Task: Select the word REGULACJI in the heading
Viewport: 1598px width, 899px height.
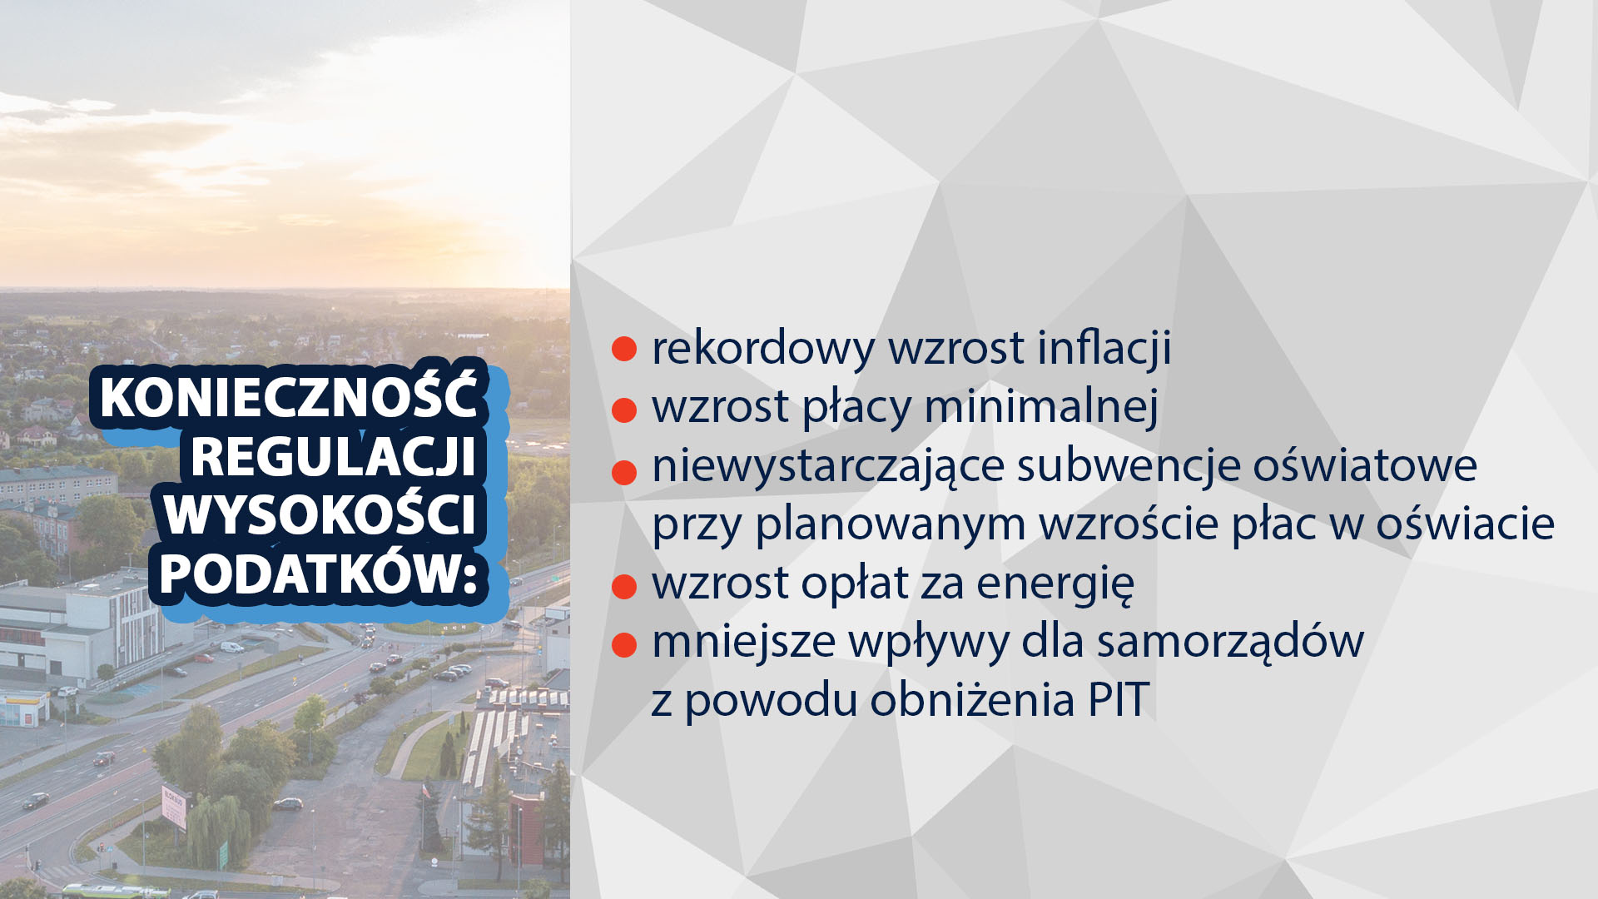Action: click(x=334, y=456)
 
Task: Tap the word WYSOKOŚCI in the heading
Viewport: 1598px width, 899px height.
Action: click(x=320, y=514)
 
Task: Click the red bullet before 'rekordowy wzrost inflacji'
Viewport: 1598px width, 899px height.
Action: click(x=624, y=349)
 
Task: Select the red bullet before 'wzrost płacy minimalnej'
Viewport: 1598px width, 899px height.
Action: click(x=624, y=410)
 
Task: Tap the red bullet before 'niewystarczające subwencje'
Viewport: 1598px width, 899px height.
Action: click(x=624, y=472)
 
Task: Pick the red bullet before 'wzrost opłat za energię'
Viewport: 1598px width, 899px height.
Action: click(x=624, y=586)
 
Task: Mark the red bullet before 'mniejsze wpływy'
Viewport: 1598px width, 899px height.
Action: click(x=624, y=644)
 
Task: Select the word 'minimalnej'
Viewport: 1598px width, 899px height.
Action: click(x=1041, y=406)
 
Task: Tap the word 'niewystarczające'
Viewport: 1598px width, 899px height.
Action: click(x=828, y=467)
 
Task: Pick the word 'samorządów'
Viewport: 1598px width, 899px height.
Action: click(x=1230, y=642)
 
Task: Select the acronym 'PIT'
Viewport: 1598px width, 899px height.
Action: click(x=1119, y=700)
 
